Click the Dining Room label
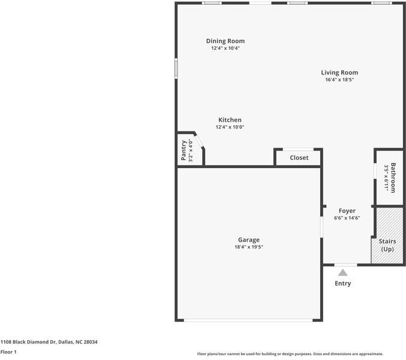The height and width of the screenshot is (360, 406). click(x=225, y=41)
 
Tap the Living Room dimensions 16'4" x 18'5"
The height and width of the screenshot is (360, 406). click(x=339, y=80)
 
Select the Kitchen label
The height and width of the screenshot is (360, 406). click(x=230, y=120)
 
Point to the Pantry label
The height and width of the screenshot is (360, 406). click(x=184, y=150)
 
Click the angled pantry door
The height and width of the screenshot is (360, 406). click(x=199, y=142)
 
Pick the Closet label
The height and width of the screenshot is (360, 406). click(x=299, y=158)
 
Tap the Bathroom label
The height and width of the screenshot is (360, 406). click(x=393, y=178)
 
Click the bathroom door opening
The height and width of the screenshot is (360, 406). click(x=375, y=171)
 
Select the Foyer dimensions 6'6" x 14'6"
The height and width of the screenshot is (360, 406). click(x=347, y=218)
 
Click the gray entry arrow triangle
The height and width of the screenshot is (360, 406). click(x=343, y=273)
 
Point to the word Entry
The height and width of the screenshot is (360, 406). click(x=343, y=283)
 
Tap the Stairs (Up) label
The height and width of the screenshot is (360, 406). click(x=387, y=245)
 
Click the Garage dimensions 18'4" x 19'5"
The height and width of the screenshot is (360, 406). click(x=249, y=247)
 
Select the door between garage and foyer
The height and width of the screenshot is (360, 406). click(x=321, y=227)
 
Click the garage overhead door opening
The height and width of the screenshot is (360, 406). click(x=248, y=320)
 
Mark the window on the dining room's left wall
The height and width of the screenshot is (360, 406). click(x=176, y=68)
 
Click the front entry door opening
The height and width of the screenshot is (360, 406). click(x=345, y=265)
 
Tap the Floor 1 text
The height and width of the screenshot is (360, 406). click(x=8, y=352)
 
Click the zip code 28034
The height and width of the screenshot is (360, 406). click(x=91, y=342)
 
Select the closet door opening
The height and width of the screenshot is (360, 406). click(x=298, y=149)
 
